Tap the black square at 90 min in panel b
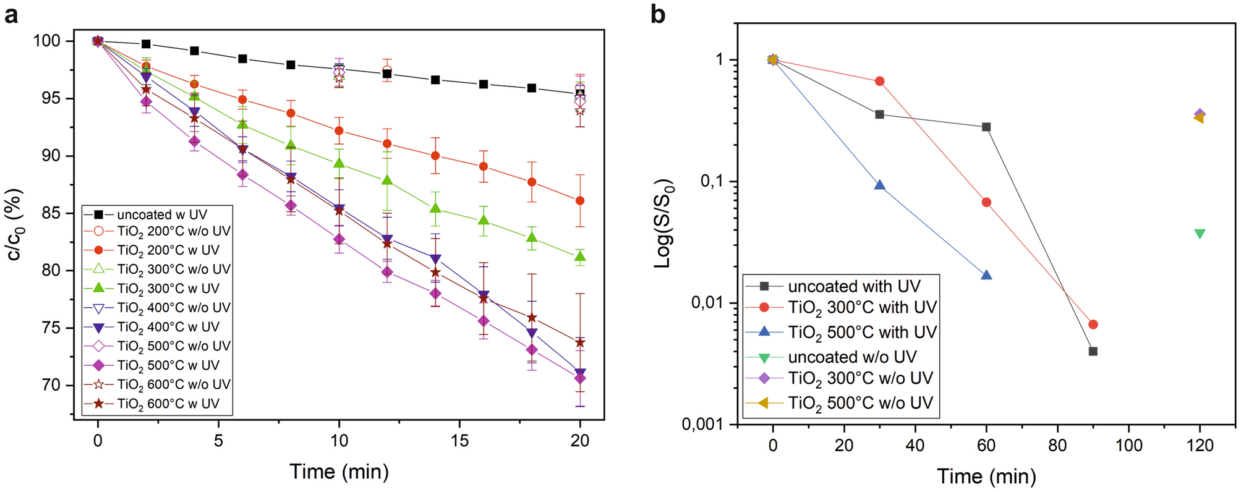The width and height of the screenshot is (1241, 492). (1093, 351)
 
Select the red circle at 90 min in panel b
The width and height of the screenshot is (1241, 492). (1093, 324)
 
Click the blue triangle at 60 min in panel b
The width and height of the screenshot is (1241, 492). (986, 276)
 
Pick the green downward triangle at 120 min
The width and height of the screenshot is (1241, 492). (1200, 234)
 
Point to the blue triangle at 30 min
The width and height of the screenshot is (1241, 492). (879, 185)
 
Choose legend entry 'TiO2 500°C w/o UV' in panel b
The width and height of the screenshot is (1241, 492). (859, 403)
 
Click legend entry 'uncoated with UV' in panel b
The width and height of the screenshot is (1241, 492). (853, 286)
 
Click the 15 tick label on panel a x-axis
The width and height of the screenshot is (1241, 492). (459, 441)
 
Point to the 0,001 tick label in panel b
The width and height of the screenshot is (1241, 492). (704, 424)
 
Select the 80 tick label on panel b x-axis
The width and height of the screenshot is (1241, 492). (1057, 445)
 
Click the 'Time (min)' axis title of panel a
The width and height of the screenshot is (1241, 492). (339, 472)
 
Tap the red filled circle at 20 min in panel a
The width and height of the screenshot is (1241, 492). (579, 201)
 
